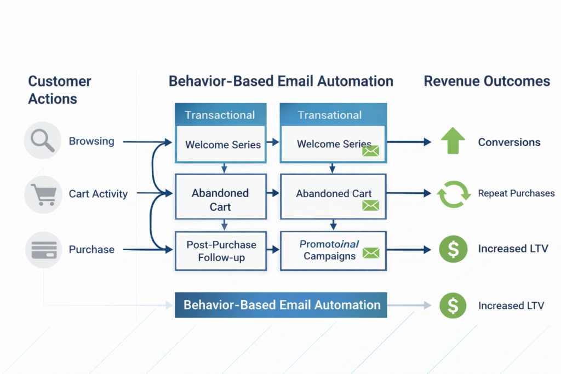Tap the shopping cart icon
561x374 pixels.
point(42,194)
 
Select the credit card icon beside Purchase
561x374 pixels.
point(43,250)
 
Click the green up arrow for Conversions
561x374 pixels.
point(453,141)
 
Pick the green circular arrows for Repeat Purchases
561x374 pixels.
point(453,194)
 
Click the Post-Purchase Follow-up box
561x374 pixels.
point(221,251)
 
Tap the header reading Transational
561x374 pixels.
point(329,115)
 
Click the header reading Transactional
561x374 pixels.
point(220,115)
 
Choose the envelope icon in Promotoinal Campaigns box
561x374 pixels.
point(371,253)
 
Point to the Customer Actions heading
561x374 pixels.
point(59,90)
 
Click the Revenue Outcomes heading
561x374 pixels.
point(486,82)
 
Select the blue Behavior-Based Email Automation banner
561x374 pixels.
point(281,305)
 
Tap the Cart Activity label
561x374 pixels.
point(98,194)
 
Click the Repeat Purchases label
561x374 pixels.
point(516,193)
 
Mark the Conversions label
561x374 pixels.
point(509,142)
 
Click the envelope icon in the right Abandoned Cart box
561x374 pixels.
point(371,206)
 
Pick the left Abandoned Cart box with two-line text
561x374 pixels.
point(220,200)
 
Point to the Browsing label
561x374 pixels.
point(91,141)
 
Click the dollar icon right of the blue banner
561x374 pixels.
point(453,305)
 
